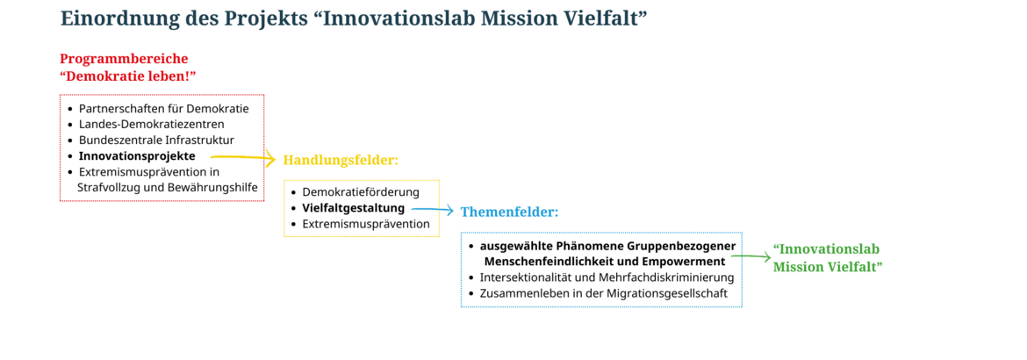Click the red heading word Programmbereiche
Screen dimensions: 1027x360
(x=124, y=59)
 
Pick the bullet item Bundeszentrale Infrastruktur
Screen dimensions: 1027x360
(x=156, y=140)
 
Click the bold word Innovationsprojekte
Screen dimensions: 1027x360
(x=137, y=156)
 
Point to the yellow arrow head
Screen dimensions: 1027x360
(x=270, y=158)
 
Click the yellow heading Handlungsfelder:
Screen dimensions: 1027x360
(x=341, y=160)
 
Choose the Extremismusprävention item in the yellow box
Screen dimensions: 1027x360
(x=365, y=224)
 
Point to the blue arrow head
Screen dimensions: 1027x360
(x=449, y=211)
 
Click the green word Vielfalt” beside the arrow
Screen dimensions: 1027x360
(x=856, y=267)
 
